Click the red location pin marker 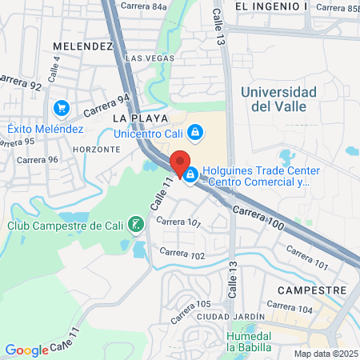(180, 162)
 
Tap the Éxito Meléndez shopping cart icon (61, 108)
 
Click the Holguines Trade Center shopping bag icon (190, 174)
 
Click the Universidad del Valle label (278, 99)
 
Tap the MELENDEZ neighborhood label (81, 46)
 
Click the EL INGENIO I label (271, 6)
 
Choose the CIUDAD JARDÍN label (236, 317)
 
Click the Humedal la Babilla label (249, 342)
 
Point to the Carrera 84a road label (144, 7)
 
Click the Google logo (26, 350)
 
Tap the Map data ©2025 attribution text (325, 354)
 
